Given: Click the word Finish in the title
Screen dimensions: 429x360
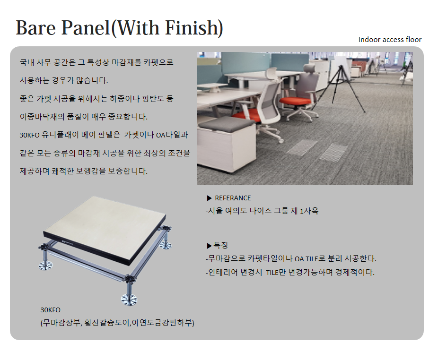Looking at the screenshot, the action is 194,27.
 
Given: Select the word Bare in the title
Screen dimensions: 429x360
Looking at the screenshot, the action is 36,27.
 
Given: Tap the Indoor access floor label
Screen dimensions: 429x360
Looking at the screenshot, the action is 390,40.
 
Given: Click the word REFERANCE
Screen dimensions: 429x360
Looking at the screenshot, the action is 233,198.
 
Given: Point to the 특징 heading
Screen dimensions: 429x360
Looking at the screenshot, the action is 220,245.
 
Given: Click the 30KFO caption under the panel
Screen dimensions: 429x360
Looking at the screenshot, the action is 50,310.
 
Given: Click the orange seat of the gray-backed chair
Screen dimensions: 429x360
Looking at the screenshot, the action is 296,101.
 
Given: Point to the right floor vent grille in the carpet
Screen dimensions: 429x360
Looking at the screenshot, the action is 333,152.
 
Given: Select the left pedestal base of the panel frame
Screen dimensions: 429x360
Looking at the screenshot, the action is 46,265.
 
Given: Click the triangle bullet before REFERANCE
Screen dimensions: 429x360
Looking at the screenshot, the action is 210,198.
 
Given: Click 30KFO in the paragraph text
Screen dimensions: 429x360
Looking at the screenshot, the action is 29,135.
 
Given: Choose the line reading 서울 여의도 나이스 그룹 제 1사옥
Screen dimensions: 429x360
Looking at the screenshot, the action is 262,211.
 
